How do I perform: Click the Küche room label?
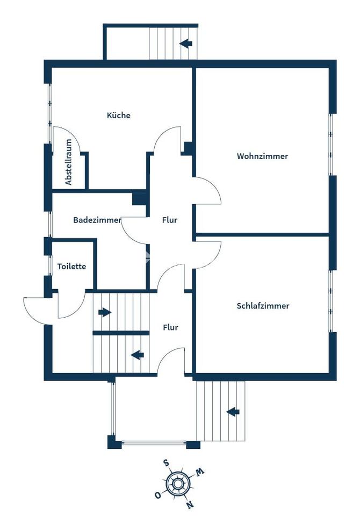[118, 115]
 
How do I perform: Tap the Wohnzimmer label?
[262, 156]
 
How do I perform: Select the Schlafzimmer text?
[263, 306]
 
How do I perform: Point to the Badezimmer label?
[97, 220]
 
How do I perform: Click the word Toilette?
[71, 266]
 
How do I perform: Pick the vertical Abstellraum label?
[68, 162]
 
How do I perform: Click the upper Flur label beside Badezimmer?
[170, 220]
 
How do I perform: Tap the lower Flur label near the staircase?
[170, 327]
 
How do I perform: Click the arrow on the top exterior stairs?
[186, 43]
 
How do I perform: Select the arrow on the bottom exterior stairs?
[233, 412]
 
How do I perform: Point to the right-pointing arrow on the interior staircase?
[105, 312]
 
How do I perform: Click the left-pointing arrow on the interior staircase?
[137, 355]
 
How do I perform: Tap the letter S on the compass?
[167, 464]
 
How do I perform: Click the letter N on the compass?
[189, 504]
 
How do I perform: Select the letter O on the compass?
[158, 494]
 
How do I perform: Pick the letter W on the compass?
[200, 472]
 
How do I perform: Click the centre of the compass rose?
[178, 484]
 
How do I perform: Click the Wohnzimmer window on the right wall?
[332, 145]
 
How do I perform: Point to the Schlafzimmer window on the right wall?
[332, 301]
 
